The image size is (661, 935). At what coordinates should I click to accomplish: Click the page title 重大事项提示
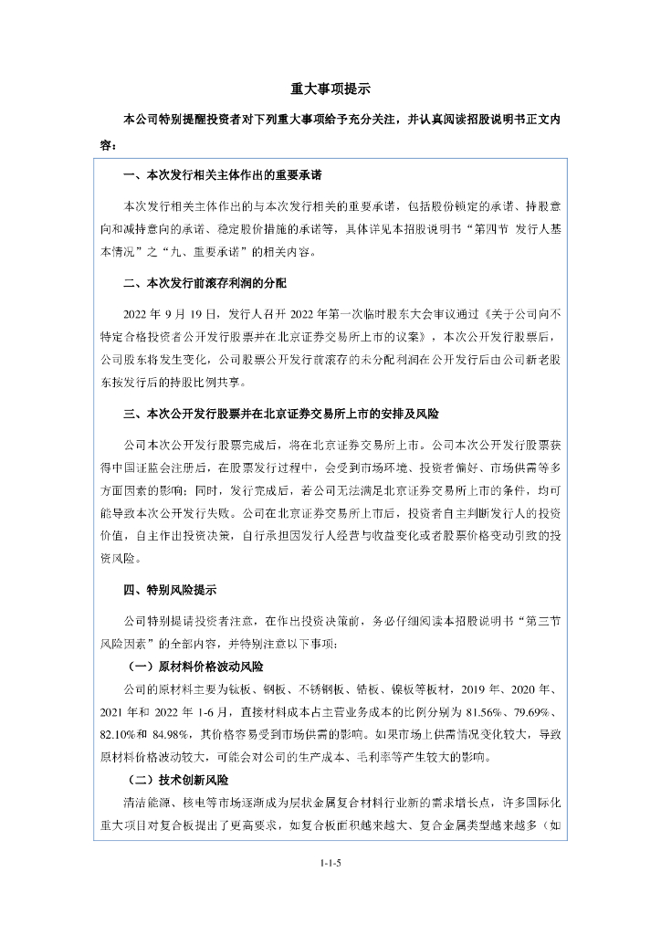330,89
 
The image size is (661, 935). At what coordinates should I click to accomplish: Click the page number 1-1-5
330,862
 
